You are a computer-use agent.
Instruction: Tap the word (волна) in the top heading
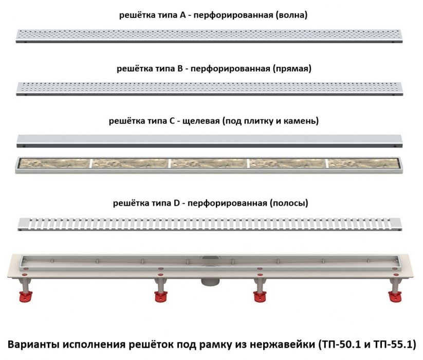point(291,15)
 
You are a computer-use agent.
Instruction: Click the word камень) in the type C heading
point(302,121)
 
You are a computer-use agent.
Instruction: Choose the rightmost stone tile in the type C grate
point(366,164)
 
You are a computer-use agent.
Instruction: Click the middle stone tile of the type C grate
point(208,164)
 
